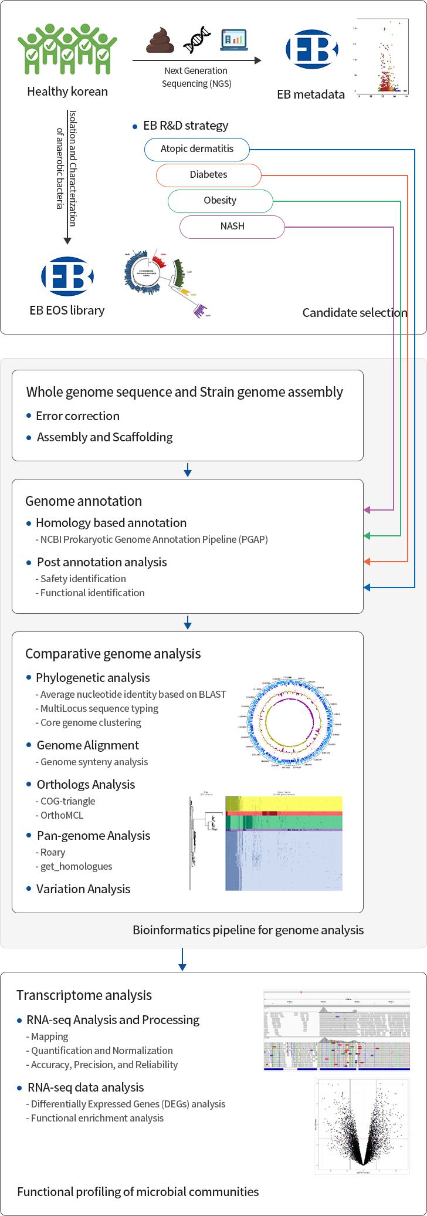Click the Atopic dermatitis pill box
pos(197,149)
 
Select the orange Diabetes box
pos(208,175)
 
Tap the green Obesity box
pos(220,201)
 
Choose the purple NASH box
pos(232,227)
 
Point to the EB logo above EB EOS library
pos(67,276)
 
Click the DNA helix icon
pos(197,39)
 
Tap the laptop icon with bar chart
pos(233,39)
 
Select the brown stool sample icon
pos(160,40)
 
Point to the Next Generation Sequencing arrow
pos(196,60)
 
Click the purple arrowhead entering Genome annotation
pos(367,510)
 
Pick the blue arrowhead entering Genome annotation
pos(367,587)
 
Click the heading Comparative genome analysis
pos(113,654)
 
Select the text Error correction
pos(77,416)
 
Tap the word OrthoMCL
pos(62,815)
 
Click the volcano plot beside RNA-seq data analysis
pos(362,1126)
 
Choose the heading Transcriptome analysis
pos(84,995)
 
